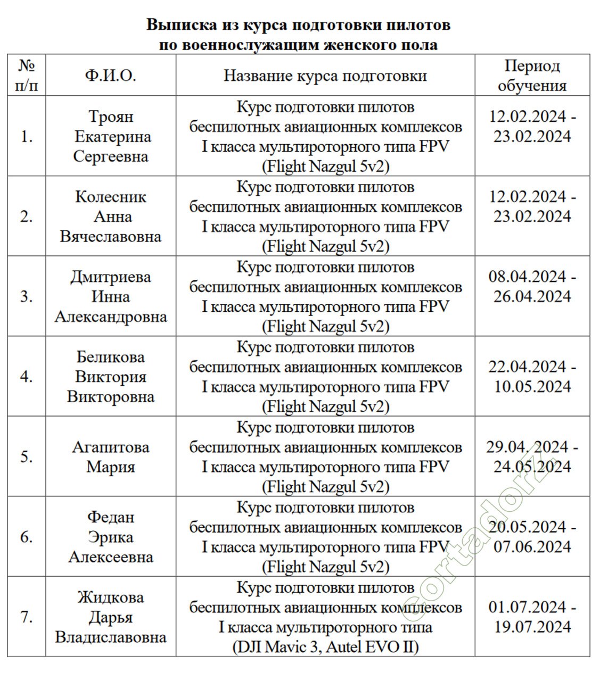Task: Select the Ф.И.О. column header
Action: tap(110, 76)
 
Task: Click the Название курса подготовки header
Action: tap(325, 76)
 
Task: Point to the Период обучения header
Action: tap(532, 76)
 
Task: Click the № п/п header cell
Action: tap(27, 76)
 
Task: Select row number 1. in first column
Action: tap(27, 137)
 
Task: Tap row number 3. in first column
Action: tap(27, 297)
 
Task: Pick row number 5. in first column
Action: tap(27, 457)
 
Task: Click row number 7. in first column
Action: tap(27, 617)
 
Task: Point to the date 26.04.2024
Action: tap(532, 297)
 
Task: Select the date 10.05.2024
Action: tap(532, 387)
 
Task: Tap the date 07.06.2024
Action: tap(532, 547)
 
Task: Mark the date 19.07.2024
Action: tap(532, 627)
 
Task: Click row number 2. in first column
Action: tap(27, 217)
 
